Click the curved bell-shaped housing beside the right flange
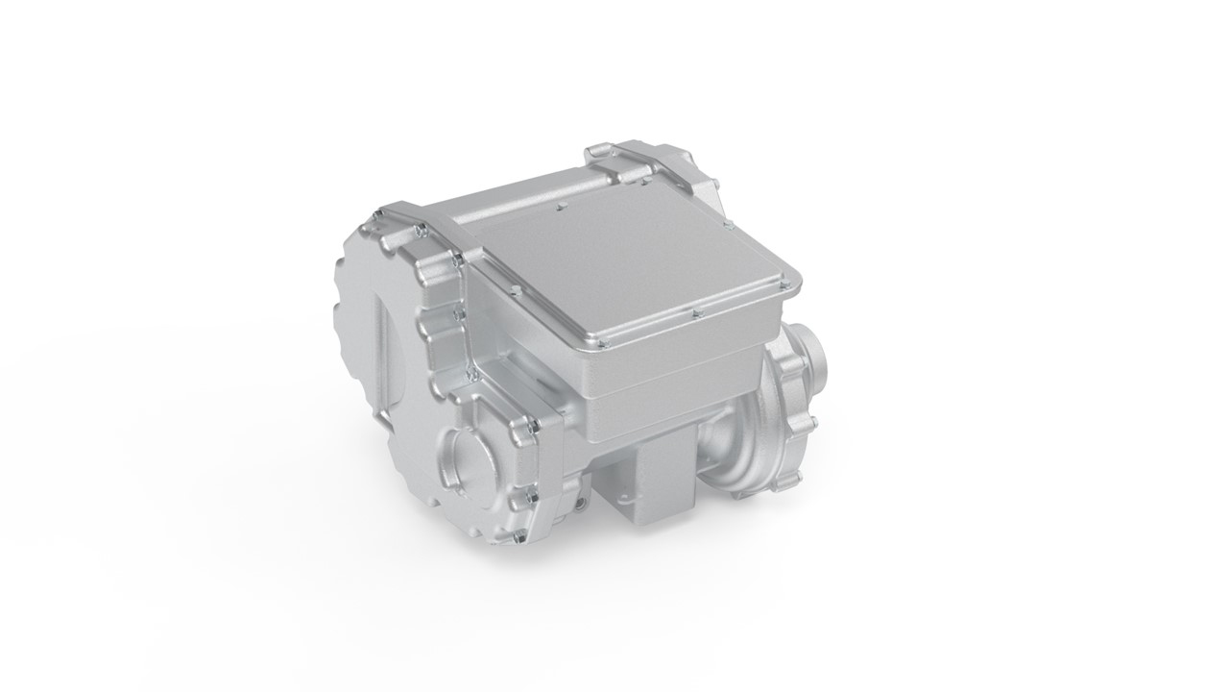[744, 452]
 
